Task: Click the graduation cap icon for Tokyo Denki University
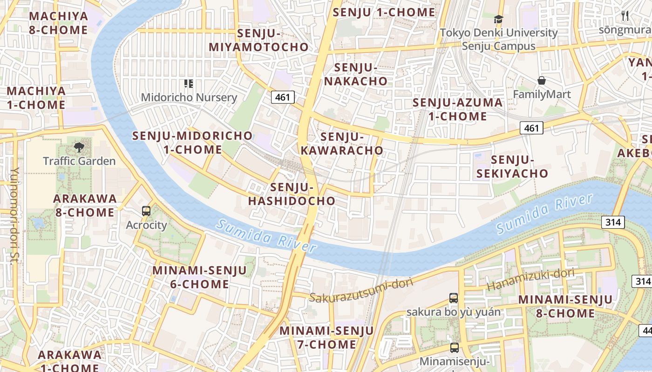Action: pos(499,19)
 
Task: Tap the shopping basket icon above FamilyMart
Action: pos(542,80)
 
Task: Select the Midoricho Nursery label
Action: pos(189,97)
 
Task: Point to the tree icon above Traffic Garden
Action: pos(79,147)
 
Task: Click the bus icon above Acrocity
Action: pos(146,211)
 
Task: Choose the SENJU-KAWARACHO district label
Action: pos(342,143)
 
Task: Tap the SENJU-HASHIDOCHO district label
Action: pos(292,194)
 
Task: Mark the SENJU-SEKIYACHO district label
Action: pos(519,166)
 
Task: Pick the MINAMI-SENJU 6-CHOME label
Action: pos(199,277)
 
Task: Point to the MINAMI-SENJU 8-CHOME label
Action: pos(565,306)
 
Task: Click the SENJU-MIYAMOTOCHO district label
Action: pos(258,40)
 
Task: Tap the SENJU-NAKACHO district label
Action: pos(356,74)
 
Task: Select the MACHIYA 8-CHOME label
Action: pos(58,23)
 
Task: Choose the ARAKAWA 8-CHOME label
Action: pos(85,205)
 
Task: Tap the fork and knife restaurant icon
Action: pos(625,16)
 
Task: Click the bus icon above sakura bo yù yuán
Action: pos(454,298)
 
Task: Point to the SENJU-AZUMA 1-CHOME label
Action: pos(457,109)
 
